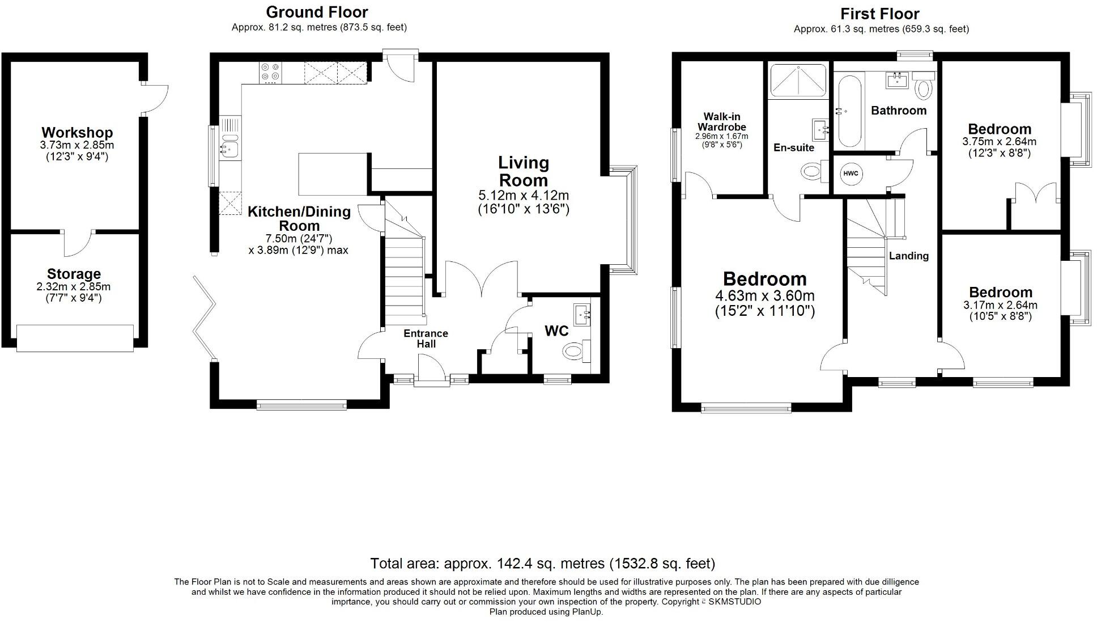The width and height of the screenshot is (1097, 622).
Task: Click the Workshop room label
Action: point(77,133)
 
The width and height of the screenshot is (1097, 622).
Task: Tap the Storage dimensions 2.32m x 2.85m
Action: point(74,287)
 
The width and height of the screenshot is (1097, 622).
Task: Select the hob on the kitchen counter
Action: point(270,73)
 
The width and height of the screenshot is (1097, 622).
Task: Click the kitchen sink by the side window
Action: point(230,149)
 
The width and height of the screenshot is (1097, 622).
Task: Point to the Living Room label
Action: point(523,171)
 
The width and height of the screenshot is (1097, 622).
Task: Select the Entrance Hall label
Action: point(426,338)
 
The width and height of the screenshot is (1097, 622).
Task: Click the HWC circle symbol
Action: point(851,174)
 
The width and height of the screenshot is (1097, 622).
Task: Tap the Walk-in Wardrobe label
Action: point(721,122)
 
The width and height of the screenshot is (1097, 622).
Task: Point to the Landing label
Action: point(908,256)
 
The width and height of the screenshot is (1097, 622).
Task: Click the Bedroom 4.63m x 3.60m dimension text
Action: point(764,296)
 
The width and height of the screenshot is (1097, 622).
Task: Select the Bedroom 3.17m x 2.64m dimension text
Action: point(1000,305)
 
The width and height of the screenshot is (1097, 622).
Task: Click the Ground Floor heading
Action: point(317,12)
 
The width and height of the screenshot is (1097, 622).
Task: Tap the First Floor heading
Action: point(879,14)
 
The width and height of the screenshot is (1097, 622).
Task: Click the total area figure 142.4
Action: point(515,564)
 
